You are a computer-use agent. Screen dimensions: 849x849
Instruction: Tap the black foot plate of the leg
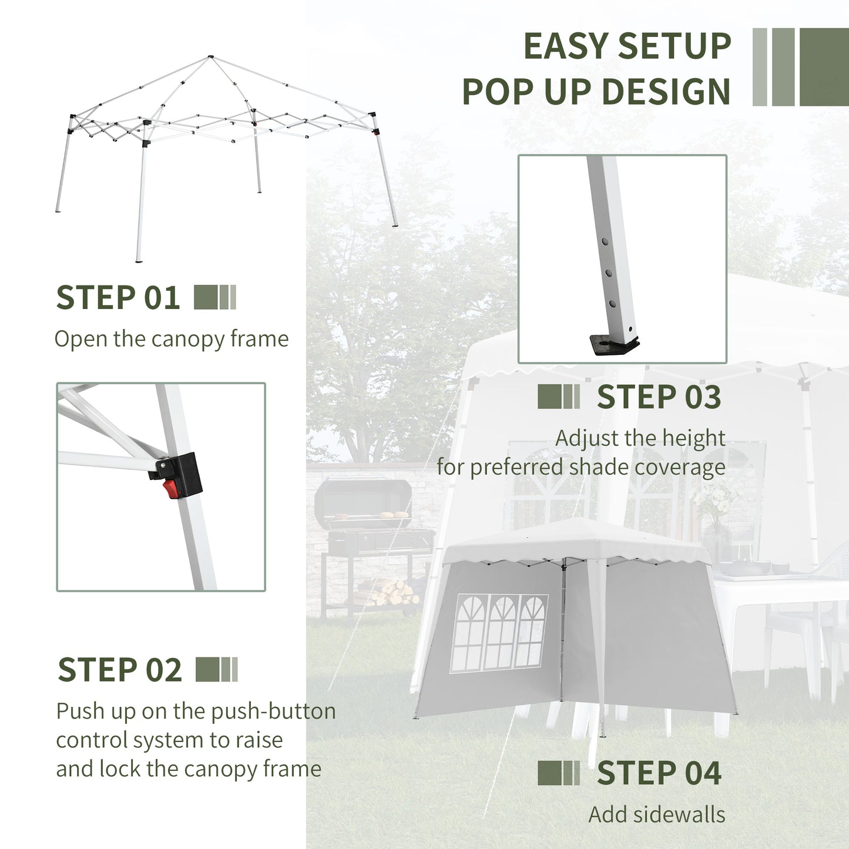pyautogui.click(x=615, y=344)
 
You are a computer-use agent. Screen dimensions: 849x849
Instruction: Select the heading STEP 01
pyautogui.click(x=118, y=298)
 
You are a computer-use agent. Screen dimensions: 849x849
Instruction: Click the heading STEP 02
pyautogui.click(x=120, y=670)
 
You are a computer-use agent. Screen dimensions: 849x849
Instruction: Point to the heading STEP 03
pyautogui.click(x=659, y=397)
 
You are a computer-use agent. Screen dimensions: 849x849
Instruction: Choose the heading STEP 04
pyautogui.click(x=659, y=773)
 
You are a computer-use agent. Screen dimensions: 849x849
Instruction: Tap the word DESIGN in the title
pyautogui.click(x=666, y=92)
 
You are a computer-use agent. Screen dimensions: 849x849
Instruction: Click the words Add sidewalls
pyautogui.click(x=656, y=814)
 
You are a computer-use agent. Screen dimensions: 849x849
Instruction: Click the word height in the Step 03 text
pyautogui.click(x=693, y=438)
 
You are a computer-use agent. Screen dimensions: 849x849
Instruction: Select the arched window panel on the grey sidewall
pyautogui.click(x=500, y=633)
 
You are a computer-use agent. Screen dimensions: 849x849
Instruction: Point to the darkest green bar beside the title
pyautogui.click(x=824, y=67)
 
